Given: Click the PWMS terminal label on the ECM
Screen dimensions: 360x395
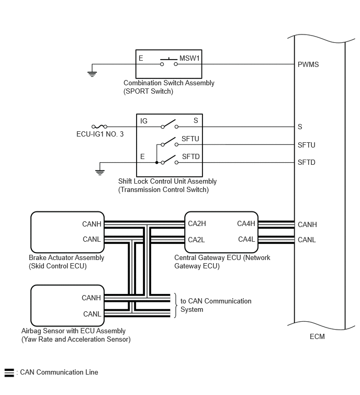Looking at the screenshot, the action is click(308, 64).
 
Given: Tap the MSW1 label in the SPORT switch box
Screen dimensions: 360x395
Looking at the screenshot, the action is click(189, 58).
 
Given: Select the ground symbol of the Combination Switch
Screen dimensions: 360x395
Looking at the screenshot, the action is click(92, 74).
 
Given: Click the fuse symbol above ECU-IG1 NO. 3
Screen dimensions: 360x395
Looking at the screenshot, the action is click(99, 127).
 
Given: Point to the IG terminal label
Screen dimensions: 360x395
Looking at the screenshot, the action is click(143, 121).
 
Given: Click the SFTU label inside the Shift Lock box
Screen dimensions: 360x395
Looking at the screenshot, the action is click(190, 139).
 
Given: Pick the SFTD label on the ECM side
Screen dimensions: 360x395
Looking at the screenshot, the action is click(306, 162).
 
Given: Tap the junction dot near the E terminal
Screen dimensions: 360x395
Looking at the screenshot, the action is click(156, 163).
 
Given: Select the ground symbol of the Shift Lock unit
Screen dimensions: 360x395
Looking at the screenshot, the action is click(100, 173).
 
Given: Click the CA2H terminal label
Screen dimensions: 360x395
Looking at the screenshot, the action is click(197, 223).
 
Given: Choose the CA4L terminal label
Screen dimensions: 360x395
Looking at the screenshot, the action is click(246, 239).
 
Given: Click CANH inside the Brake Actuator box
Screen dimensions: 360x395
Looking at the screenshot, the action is click(92, 224).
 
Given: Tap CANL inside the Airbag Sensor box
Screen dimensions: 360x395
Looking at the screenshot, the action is click(92, 314).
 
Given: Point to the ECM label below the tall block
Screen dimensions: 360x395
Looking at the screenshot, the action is click(317, 336).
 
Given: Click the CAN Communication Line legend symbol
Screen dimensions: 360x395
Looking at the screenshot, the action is click(9, 373).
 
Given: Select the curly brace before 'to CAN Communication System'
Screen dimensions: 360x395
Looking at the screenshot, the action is click(176, 306).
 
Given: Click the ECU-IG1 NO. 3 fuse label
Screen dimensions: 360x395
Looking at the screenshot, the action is click(100, 134).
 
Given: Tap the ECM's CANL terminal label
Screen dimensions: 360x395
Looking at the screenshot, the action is click(307, 240).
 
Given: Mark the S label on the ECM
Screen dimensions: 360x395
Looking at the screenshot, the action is click(300, 127).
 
